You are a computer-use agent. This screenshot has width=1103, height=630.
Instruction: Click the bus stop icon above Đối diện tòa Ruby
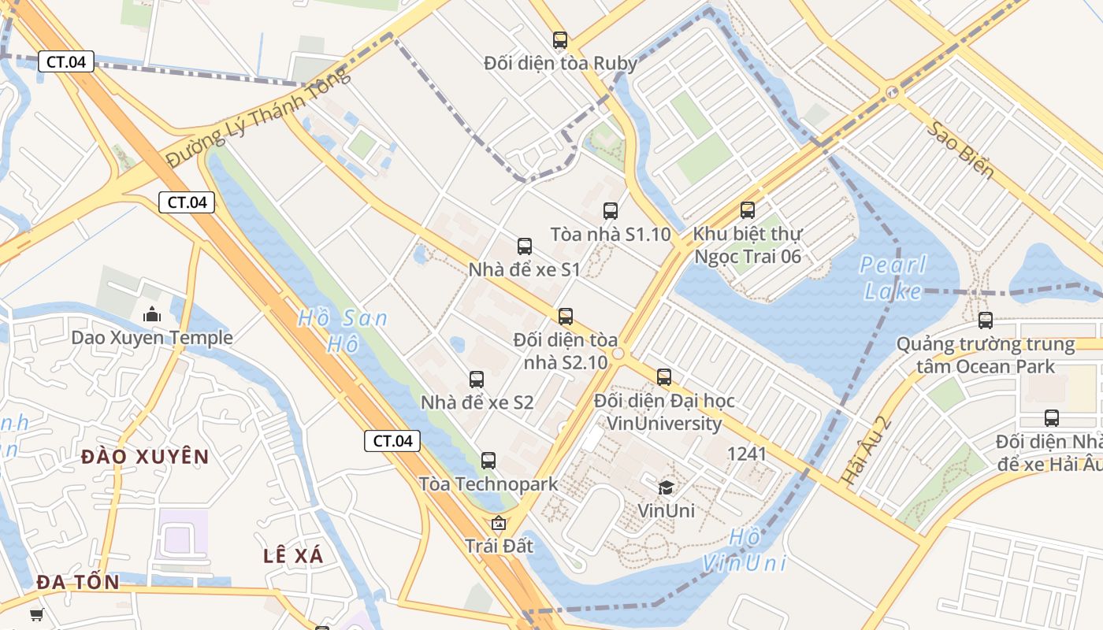[x=560, y=40]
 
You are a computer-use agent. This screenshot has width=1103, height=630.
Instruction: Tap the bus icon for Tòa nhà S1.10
[x=611, y=211]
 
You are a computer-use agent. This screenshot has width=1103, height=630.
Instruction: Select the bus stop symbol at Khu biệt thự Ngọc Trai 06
[x=748, y=210]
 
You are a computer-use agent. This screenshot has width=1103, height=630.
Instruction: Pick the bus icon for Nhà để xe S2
[x=477, y=380]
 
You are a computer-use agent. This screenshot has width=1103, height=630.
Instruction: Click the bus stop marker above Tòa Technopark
[x=488, y=461]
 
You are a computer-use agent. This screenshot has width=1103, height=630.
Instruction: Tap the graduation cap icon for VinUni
[x=666, y=487]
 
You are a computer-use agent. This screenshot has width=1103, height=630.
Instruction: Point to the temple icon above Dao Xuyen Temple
[x=152, y=315]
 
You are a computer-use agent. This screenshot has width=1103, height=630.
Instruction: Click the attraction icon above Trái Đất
[x=498, y=523]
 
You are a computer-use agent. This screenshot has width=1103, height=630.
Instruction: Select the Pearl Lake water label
[x=893, y=277]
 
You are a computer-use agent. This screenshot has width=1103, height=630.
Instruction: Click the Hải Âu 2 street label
[x=865, y=450]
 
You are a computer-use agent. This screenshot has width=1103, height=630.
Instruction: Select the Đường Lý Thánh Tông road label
[x=258, y=118]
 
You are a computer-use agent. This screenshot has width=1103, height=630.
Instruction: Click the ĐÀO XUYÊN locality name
[x=145, y=457]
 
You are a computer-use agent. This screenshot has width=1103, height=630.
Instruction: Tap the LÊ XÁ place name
[x=293, y=555]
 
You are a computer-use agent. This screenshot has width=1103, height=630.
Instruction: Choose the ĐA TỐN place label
[x=78, y=583]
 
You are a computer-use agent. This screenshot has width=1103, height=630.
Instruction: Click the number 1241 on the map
[x=746, y=454]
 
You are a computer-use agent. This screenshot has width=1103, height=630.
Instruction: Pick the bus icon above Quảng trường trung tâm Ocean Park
[x=986, y=321]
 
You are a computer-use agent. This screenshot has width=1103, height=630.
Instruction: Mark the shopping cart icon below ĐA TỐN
[x=36, y=615]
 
